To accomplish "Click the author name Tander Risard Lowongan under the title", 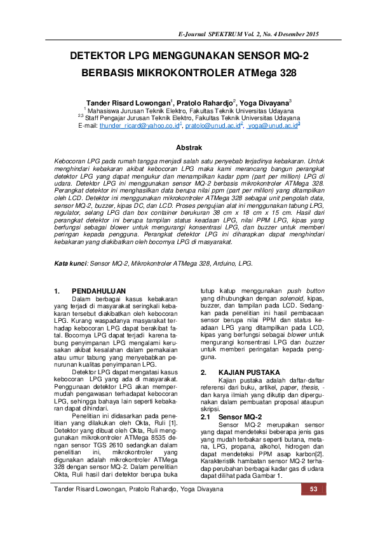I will pyautogui.click(x=128, y=102).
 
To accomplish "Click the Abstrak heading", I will pyautogui.click(x=189, y=147).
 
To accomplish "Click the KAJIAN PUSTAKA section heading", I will pyautogui.click(x=249, y=372).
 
